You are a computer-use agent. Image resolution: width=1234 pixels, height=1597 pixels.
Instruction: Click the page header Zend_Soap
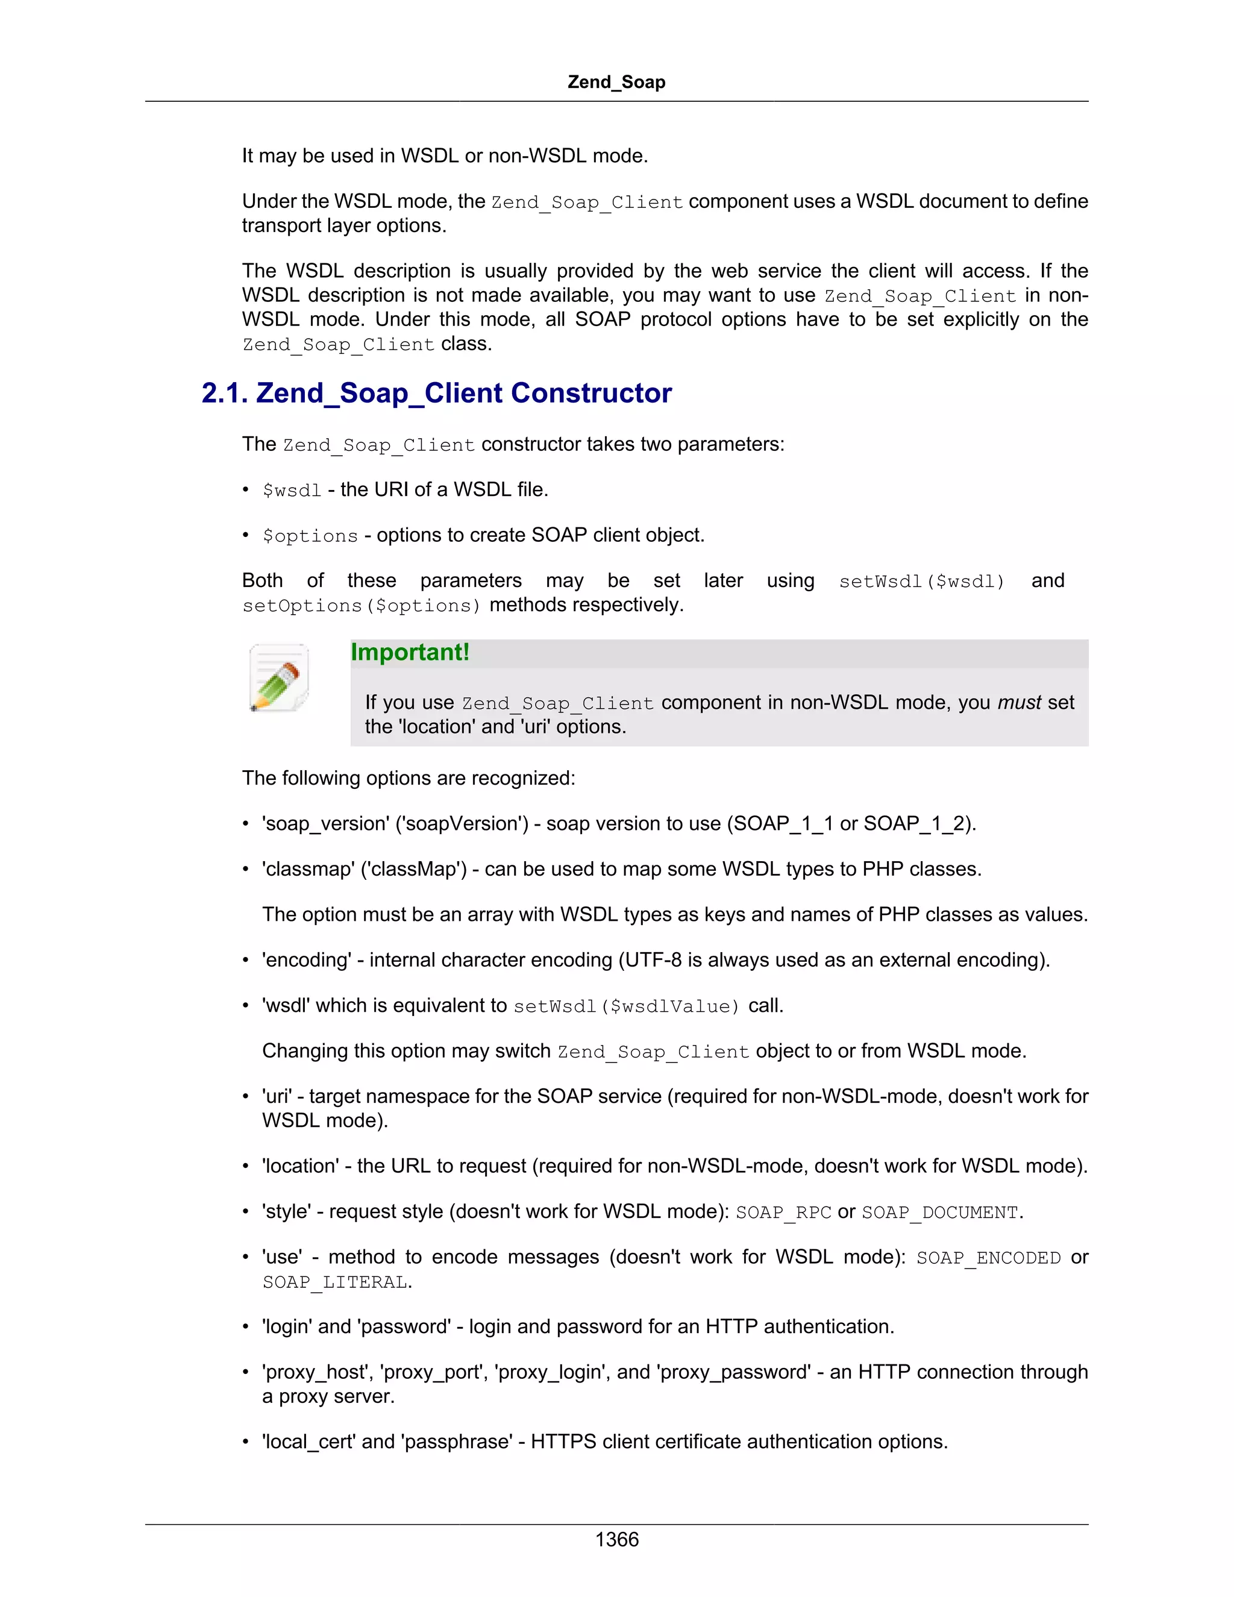click(616, 82)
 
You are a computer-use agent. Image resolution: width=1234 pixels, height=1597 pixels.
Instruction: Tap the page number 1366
click(616, 1539)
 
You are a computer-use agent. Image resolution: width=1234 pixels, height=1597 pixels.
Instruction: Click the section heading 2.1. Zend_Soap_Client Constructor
click(436, 394)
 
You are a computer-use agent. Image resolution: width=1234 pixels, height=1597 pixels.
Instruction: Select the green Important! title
click(409, 652)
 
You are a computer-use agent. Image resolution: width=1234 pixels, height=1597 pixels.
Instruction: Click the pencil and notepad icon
click(278, 678)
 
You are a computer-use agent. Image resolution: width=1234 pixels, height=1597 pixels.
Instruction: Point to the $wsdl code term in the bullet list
click(292, 491)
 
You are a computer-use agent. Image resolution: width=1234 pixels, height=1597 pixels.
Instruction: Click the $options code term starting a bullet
click(310, 536)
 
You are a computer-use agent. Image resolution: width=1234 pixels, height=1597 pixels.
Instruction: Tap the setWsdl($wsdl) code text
click(921, 582)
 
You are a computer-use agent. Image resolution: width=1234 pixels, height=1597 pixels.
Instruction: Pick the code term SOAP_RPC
click(783, 1213)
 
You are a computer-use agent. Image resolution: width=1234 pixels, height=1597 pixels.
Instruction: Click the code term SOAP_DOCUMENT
click(939, 1213)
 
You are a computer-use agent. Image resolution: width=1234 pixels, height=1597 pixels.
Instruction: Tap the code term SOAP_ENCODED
click(988, 1258)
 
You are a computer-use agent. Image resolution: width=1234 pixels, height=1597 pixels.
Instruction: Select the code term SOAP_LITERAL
click(335, 1282)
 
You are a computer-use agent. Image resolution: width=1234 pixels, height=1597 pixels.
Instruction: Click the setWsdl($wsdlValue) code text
click(627, 1007)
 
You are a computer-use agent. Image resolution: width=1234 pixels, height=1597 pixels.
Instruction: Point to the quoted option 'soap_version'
click(326, 824)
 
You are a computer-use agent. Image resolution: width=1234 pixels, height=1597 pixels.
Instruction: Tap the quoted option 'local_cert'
click(308, 1442)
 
